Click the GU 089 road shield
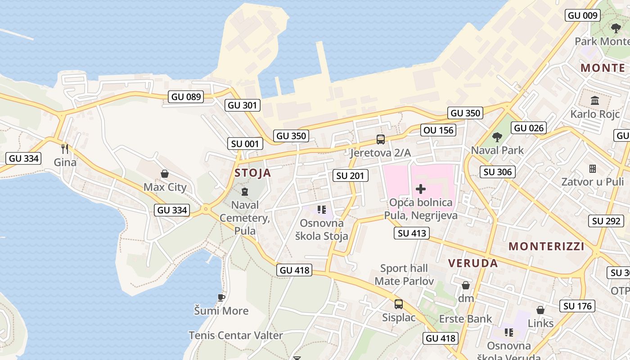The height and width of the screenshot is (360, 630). (x=186, y=96)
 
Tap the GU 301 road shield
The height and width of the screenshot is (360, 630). (x=243, y=105)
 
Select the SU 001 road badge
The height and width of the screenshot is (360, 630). (x=245, y=144)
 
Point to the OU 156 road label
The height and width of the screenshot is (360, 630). (x=439, y=130)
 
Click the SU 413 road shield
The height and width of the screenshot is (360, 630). (x=412, y=233)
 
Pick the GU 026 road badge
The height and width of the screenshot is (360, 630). (x=529, y=128)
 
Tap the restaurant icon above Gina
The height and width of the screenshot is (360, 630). (x=65, y=148)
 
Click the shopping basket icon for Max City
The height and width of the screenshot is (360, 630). (x=165, y=174)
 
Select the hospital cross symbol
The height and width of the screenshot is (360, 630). (x=421, y=189)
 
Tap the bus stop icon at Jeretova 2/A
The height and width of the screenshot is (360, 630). (x=381, y=139)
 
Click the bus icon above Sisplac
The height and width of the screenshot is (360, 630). (x=399, y=304)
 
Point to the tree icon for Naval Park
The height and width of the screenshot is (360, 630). (x=497, y=137)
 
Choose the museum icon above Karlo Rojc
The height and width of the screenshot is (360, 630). (x=595, y=100)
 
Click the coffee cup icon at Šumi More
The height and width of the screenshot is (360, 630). (x=221, y=297)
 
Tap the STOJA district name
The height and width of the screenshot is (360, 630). (x=253, y=173)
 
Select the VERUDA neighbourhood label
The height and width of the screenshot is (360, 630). (x=473, y=263)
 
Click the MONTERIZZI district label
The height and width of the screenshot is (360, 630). (x=547, y=246)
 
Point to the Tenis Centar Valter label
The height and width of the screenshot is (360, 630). (x=236, y=335)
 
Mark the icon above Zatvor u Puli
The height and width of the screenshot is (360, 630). (x=592, y=169)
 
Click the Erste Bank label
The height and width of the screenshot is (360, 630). (x=466, y=319)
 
